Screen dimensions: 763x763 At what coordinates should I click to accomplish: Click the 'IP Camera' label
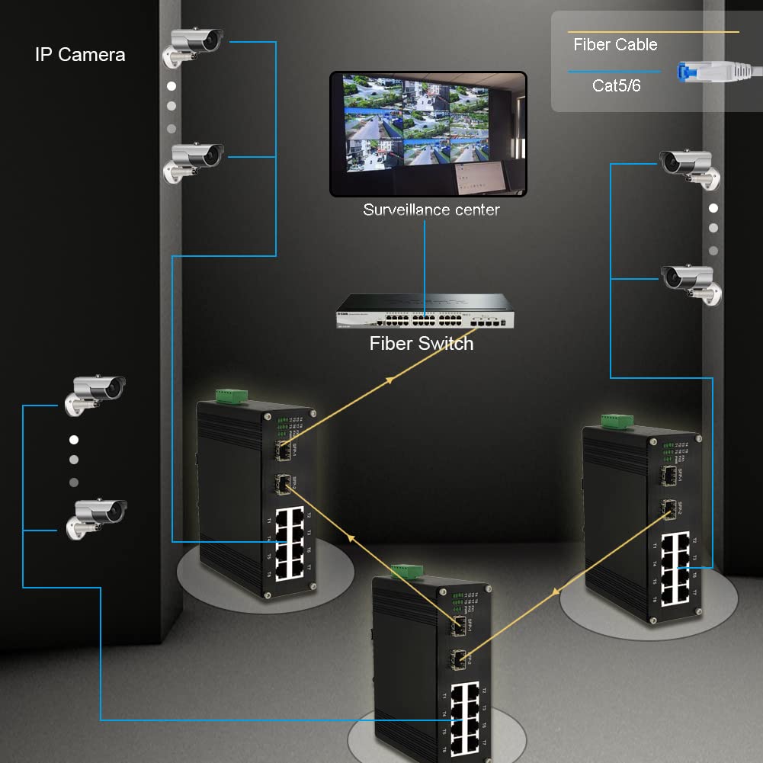(80, 55)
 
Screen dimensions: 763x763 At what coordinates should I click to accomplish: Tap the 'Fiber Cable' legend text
(615, 45)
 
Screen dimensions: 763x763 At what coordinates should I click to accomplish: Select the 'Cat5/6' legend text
(616, 85)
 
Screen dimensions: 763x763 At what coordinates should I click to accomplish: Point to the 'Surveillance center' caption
(431, 210)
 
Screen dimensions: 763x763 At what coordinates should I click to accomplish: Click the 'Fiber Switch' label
(422, 344)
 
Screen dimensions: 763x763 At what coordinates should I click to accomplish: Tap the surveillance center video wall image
(428, 133)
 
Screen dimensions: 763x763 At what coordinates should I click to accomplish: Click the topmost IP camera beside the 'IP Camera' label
(194, 46)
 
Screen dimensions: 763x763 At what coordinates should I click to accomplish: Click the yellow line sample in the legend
(653, 32)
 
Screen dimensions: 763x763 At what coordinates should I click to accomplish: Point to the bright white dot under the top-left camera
(172, 86)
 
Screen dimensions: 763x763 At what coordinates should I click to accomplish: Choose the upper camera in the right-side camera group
(688, 166)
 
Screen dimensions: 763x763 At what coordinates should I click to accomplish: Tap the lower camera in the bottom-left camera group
(98, 517)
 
